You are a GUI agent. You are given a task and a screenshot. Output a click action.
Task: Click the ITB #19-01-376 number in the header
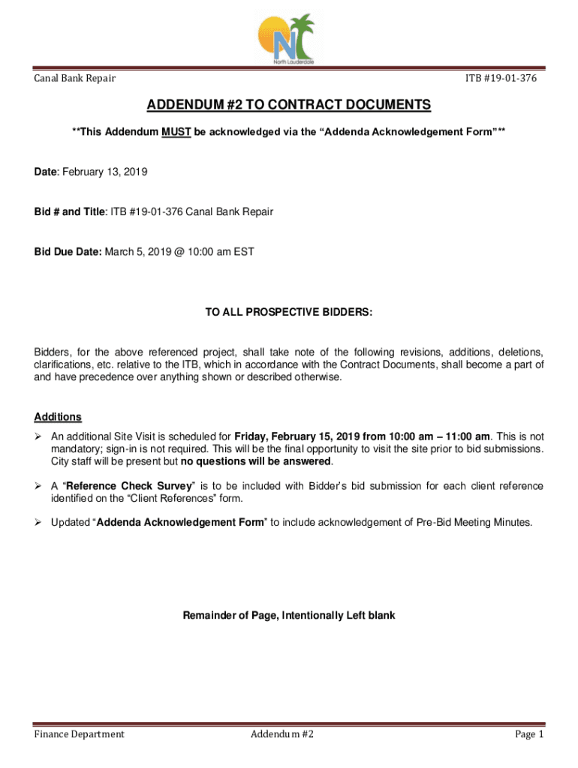coord(501,78)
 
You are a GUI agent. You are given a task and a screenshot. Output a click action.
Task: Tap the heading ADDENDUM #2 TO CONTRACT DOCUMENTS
coord(289,105)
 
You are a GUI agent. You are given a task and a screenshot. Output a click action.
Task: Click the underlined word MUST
coord(177,132)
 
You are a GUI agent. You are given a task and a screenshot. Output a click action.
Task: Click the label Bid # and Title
coord(70,211)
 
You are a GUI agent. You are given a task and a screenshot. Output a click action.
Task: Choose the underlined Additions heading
coord(58,417)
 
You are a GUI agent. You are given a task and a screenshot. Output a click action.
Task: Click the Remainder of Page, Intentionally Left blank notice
coord(289,616)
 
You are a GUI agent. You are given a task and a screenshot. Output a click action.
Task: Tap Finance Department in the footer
coord(79,734)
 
